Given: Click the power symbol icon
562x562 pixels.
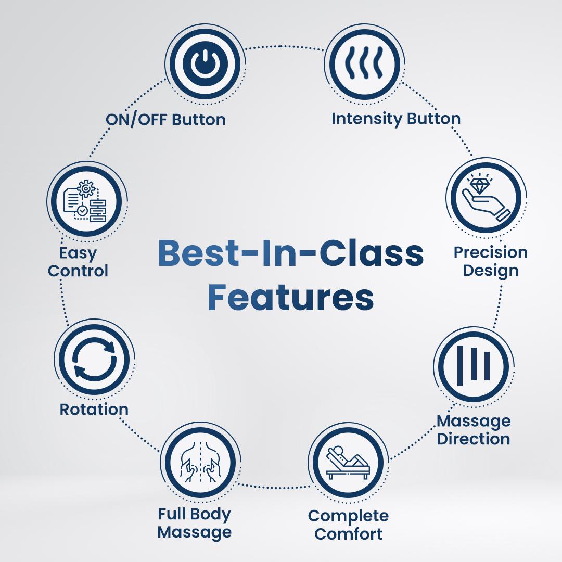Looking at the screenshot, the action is tap(204, 63).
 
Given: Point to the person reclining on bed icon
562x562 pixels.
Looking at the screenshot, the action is tap(347, 462).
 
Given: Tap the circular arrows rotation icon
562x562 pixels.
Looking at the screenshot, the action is tap(94, 359).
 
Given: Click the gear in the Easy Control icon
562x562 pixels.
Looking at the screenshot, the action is tap(86, 188).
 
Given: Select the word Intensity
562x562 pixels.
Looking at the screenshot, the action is tap(363, 119).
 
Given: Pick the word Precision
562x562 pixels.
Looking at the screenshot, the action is tap(490, 252).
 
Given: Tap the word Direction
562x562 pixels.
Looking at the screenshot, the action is tap(473, 439).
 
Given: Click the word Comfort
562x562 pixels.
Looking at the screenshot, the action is tap(348, 534).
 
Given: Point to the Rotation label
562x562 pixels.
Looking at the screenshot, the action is tap(94, 410).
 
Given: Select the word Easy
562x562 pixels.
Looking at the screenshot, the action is tap(78, 254).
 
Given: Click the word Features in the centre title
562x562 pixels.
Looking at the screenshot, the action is tap(291, 298).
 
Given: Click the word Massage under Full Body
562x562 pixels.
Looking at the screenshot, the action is tap(194, 533).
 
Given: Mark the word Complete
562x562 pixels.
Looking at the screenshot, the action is tap(348, 517).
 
